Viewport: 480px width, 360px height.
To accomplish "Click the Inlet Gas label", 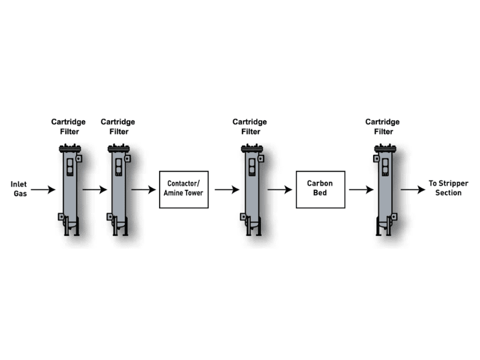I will [19, 188].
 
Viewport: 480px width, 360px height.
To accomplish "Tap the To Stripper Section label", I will [445, 188].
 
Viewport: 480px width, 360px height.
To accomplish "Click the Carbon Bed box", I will [320, 189].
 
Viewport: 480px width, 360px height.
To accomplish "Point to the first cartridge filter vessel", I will [70, 189].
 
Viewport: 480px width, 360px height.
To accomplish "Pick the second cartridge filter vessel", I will [118, 189].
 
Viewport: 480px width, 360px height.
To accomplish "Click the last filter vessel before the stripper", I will [383, 189].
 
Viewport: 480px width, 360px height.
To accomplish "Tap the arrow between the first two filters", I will [94, 190].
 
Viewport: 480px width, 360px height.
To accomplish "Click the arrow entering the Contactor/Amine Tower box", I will [143, 190].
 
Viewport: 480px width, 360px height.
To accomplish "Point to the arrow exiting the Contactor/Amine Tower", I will [227, 190].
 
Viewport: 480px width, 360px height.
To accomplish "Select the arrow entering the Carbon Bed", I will [280, 190].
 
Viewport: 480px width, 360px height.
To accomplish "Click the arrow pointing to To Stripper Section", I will [413, 190].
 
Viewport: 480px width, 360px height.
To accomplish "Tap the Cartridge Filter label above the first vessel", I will [68, 127].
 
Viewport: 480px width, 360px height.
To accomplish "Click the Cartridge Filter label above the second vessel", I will [118, 127].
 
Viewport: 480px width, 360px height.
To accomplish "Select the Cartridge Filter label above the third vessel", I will [250, 127].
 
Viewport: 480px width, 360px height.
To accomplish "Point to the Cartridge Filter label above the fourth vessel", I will [382, 127].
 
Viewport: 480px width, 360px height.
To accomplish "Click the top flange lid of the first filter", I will [69, 148].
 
